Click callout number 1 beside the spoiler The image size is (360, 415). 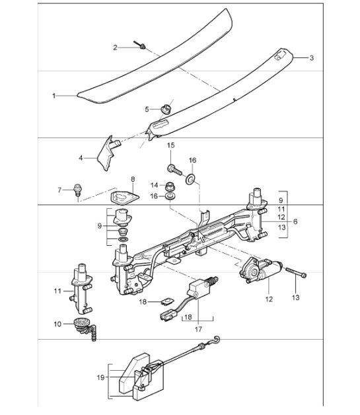[x=54, y=96]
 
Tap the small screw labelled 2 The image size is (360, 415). [x=142, y=46]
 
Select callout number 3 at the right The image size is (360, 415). [x=312, y=58]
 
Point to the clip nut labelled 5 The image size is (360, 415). [x=165, y=107]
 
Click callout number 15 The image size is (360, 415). [x=170, y=145]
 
